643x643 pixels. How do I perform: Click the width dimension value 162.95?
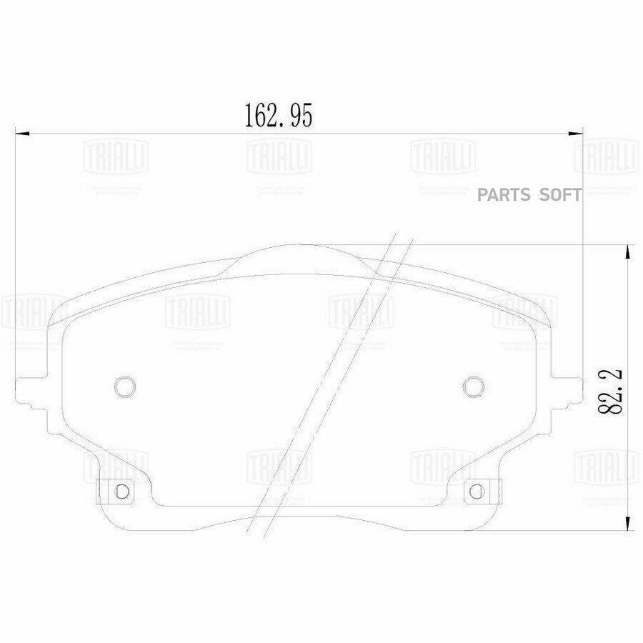coord(279,115)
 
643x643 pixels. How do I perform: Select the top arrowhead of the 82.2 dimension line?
coord(627,250)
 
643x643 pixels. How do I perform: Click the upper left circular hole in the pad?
coord(124,386)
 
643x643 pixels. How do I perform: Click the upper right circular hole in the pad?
coord(471,386)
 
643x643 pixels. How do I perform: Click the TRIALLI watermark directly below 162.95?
coord(279,154)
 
